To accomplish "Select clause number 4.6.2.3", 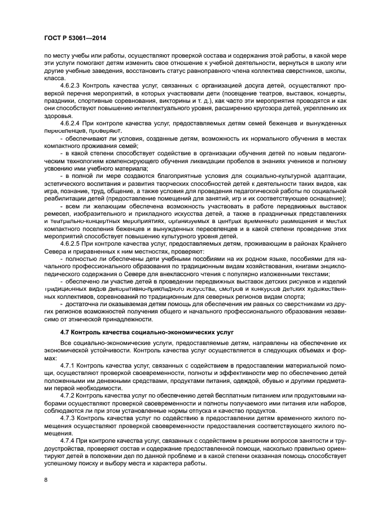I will coord(72,85).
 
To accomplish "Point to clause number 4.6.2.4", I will coord(72,122).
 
